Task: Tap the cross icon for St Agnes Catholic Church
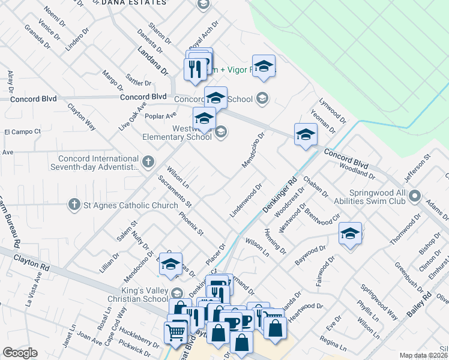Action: pos(74,205)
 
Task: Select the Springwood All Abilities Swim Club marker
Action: pos(415,196)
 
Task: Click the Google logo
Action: pos(20,353)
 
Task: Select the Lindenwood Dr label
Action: pos(246,200)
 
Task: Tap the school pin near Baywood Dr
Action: pos(350,234)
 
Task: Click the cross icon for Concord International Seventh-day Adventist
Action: pos(149,161)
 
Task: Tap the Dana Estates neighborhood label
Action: pos(133,2)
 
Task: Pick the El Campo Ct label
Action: pos(22,131)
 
